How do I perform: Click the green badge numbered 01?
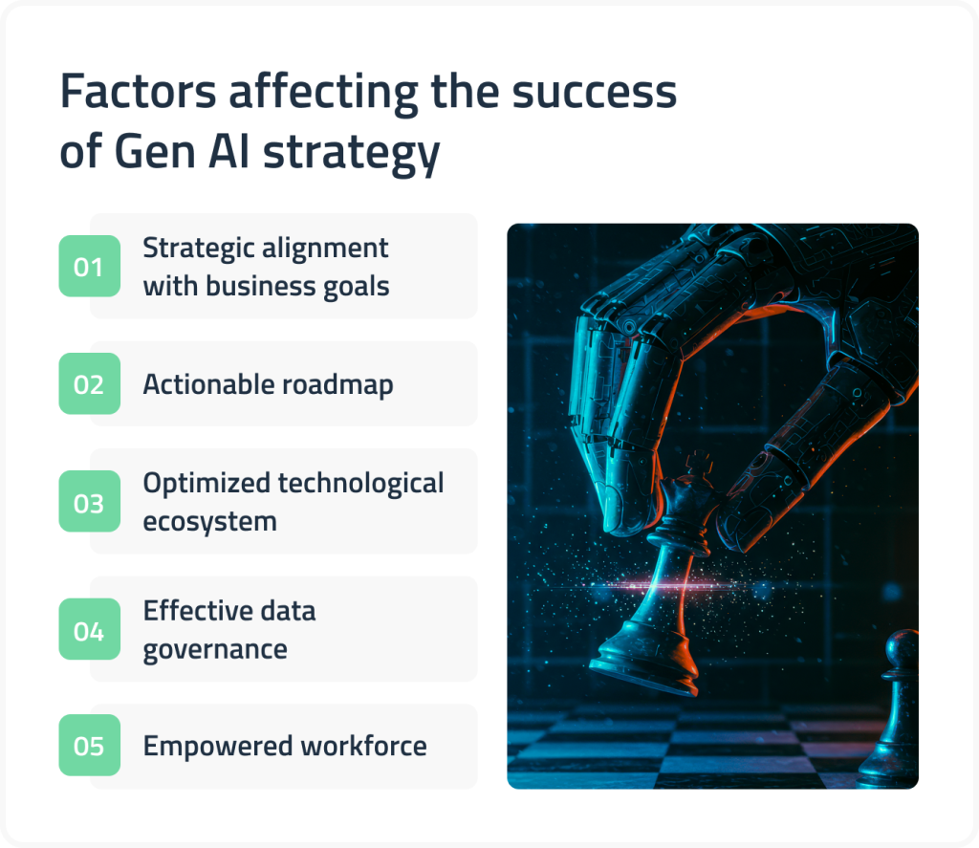point(89,267)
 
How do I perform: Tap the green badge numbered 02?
point(89,384)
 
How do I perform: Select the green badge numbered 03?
point(89,502)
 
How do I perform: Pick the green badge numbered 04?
point(89,630)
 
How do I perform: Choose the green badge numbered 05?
point(89,746)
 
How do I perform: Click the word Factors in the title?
point(137,94)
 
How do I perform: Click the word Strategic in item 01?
point(196,249)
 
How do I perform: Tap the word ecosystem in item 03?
point(210,522)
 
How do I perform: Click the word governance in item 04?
point(215,649)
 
